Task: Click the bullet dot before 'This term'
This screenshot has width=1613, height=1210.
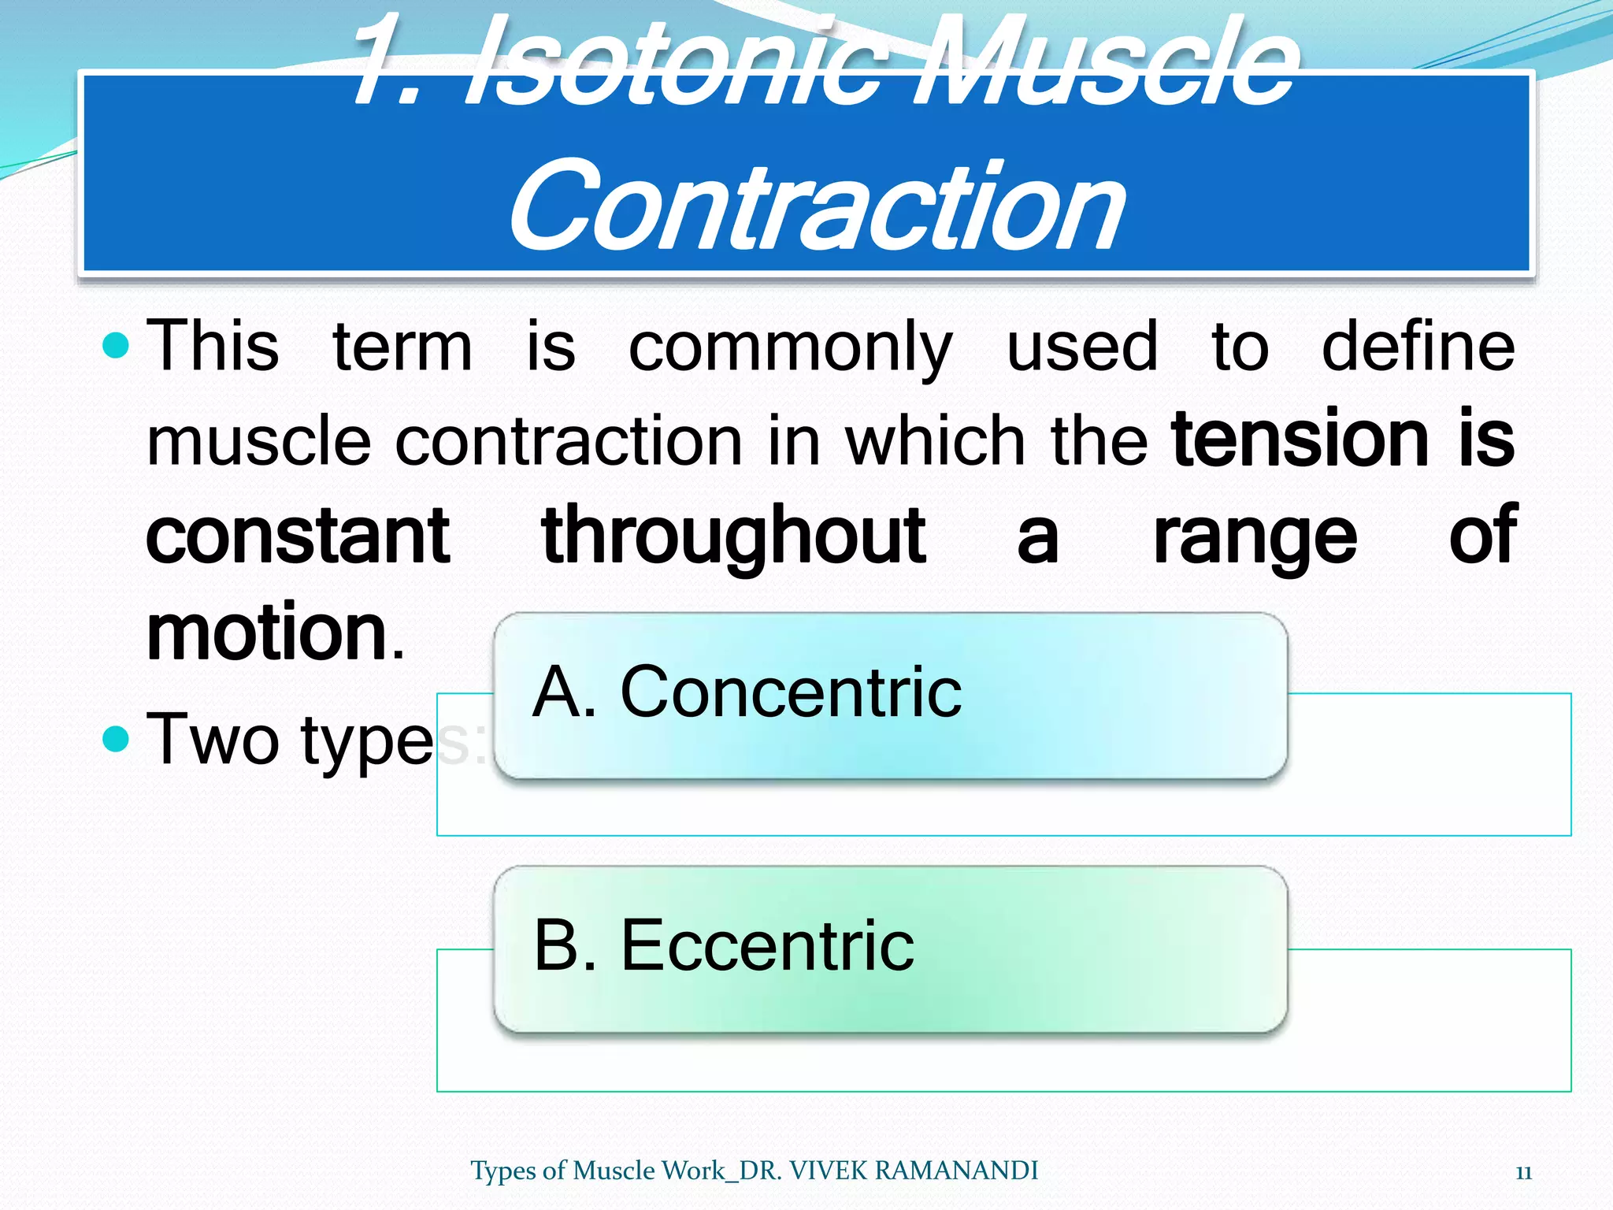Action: point(116,345)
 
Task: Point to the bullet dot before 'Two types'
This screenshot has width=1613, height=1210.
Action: point(116,738)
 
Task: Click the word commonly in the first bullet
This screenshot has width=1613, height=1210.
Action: point(790,349)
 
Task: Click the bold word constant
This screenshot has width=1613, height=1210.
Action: point(298,536)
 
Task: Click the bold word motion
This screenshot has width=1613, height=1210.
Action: point(266,632)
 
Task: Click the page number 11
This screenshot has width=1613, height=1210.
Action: point(1523,1172)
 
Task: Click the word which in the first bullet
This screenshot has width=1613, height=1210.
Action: point(935,441)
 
